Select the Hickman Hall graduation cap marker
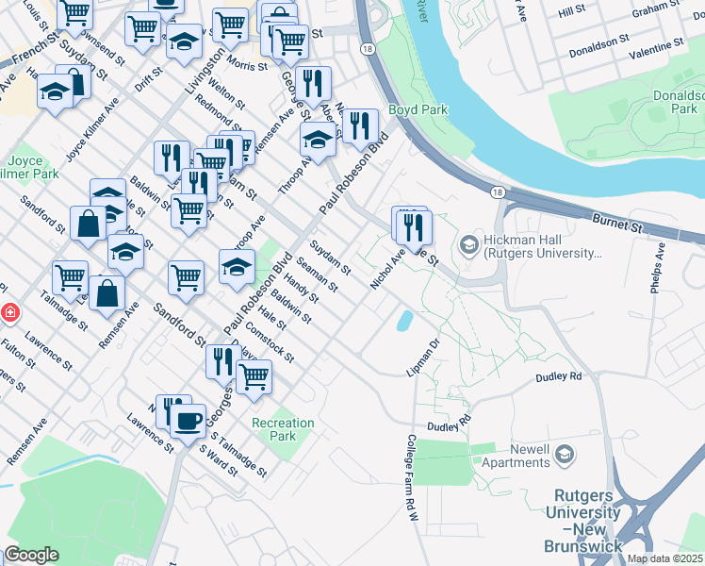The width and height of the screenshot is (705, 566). (468, 245)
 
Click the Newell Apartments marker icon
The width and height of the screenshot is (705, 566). (564, 455)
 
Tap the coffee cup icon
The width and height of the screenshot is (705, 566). (189, 420)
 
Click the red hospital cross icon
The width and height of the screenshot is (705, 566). (8, 311)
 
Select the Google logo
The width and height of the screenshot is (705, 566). (31, 555)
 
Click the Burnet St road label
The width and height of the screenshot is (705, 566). (617, 223)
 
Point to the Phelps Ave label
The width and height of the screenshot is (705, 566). (658, 268)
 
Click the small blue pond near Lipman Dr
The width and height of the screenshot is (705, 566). (404, 321)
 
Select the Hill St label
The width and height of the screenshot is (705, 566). (571, 11)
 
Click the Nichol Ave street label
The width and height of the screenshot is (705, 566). (387, 268)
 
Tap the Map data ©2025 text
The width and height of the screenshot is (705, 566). (664, 558)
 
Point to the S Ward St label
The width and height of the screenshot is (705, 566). (218, 461)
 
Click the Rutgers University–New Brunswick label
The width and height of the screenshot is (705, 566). (582, 520)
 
